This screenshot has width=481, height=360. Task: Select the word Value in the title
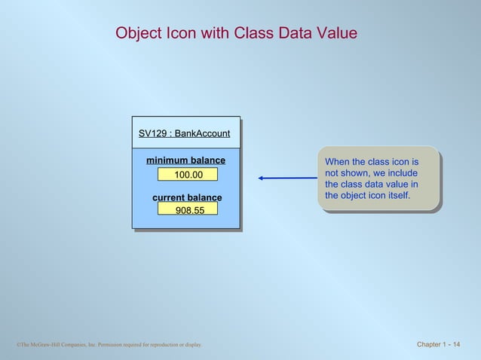pos(337,34)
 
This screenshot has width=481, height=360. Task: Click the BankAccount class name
pos(202,134)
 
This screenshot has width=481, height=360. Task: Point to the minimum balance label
pos(185,160)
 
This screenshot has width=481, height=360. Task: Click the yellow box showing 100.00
pos(188,175)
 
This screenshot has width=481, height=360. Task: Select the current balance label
pos(187,198)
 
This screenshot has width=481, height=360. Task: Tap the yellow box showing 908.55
pos(188,210)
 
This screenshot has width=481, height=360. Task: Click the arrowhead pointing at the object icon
pos(261,178)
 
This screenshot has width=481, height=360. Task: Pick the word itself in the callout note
pos(395,196)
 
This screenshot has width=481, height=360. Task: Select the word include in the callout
pos(401,173)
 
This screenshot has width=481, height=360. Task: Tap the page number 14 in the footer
pos(456,345)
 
